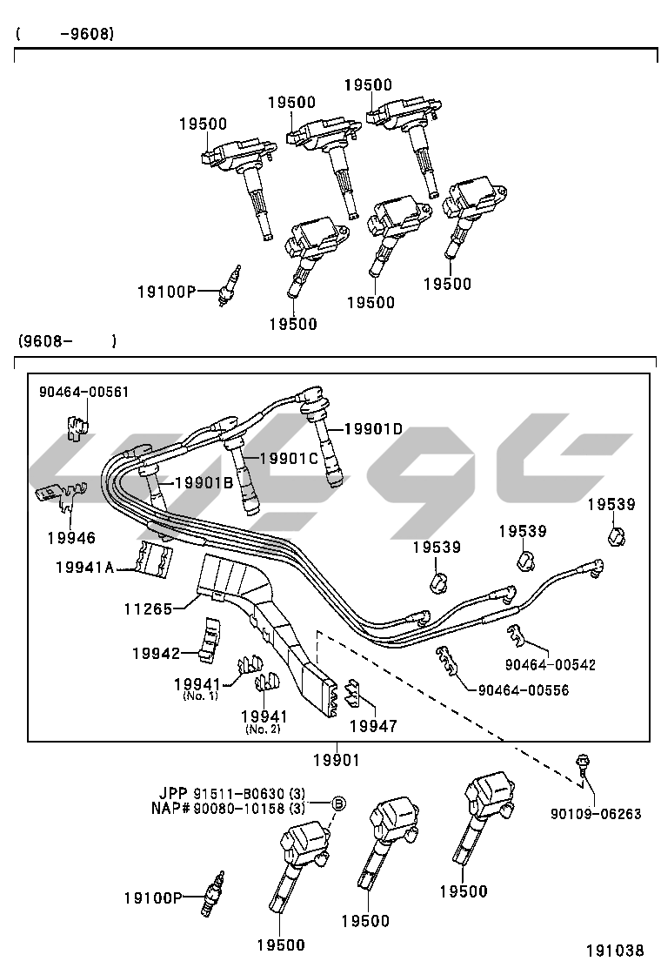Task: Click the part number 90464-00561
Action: [83, 392]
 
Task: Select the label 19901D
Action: [372, 428]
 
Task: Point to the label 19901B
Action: [204, 482]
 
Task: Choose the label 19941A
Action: [84, 568]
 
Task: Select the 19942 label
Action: [156, 652]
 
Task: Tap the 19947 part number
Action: [373, 724]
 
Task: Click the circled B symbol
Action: [339, 802]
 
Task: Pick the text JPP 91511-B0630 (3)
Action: [231, 793]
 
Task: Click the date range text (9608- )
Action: [65, 340]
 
